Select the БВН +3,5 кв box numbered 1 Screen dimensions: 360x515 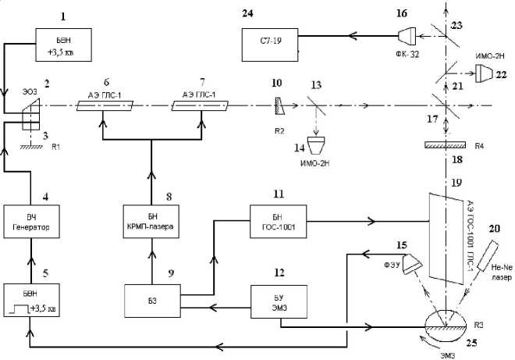coord(63,45)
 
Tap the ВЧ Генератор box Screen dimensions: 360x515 coord(30,223)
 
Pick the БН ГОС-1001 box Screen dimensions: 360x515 coord(277,223)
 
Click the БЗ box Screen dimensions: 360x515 coord(151,301)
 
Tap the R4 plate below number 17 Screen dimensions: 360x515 coord(444,145)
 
